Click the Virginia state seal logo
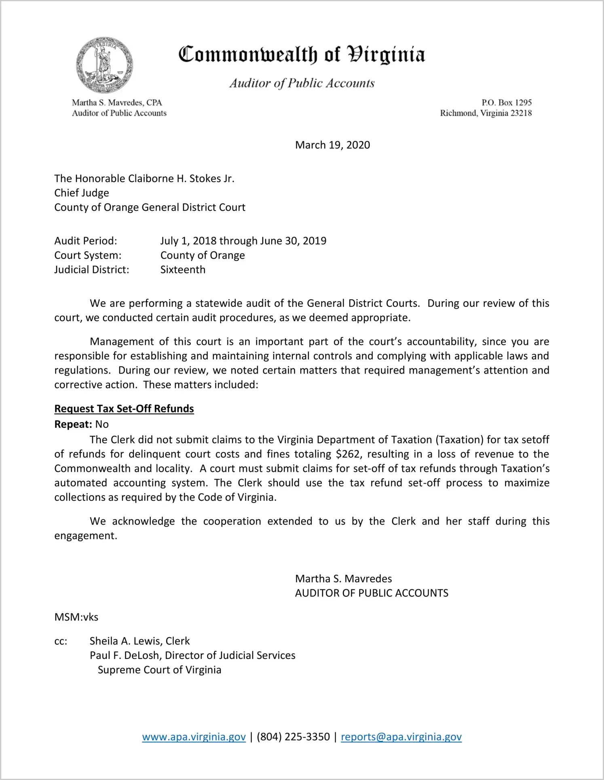click(104, 65)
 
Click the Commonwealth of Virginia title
click(302, 55)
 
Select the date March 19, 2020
click(332, 145)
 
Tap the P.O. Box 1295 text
click(506, 103)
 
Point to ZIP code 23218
click(521, 113)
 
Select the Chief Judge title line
click(82, 193)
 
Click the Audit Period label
click(86, 241)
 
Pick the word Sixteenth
click(183, 270)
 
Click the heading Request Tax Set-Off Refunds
click(124, 409)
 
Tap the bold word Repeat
click(73, 424)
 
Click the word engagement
click(85, 536)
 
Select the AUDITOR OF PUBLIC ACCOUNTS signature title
click(372, 593)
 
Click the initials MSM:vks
click(76, 617)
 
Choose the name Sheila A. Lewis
click(126, 641)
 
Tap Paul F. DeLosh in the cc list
click(124, 655)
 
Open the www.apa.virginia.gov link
click(194, 737)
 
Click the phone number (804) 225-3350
click(293, 737)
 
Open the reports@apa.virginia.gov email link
click(401, 737)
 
